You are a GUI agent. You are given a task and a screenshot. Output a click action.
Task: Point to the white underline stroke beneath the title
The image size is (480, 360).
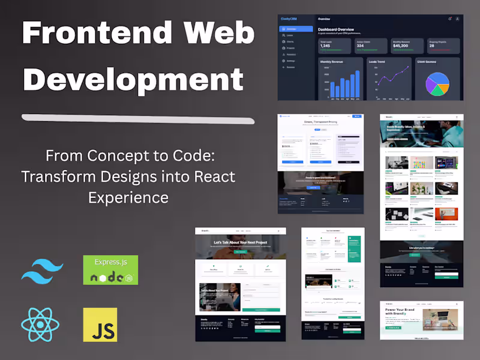tap(138, 119)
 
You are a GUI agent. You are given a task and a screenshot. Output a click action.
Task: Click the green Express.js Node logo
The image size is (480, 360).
tap(110, 269)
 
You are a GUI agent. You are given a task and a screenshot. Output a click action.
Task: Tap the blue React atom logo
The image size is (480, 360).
tap(40, 325)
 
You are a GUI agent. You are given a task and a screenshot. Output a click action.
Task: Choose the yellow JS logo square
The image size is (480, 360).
tap(100, 325)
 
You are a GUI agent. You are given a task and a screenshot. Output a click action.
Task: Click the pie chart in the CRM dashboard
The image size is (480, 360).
tap(437, 84)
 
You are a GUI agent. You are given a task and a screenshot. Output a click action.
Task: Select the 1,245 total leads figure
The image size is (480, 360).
tap(325, 46)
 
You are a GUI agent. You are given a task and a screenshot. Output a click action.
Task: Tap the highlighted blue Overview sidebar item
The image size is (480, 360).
tap(296, 29)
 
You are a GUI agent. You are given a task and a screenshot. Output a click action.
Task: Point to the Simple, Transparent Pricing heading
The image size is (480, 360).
tap(320, 121)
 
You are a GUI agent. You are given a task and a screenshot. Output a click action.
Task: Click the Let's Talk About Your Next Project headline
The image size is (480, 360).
tap(240, 243)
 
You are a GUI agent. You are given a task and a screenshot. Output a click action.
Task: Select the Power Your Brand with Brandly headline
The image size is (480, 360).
tap(398, 314)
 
